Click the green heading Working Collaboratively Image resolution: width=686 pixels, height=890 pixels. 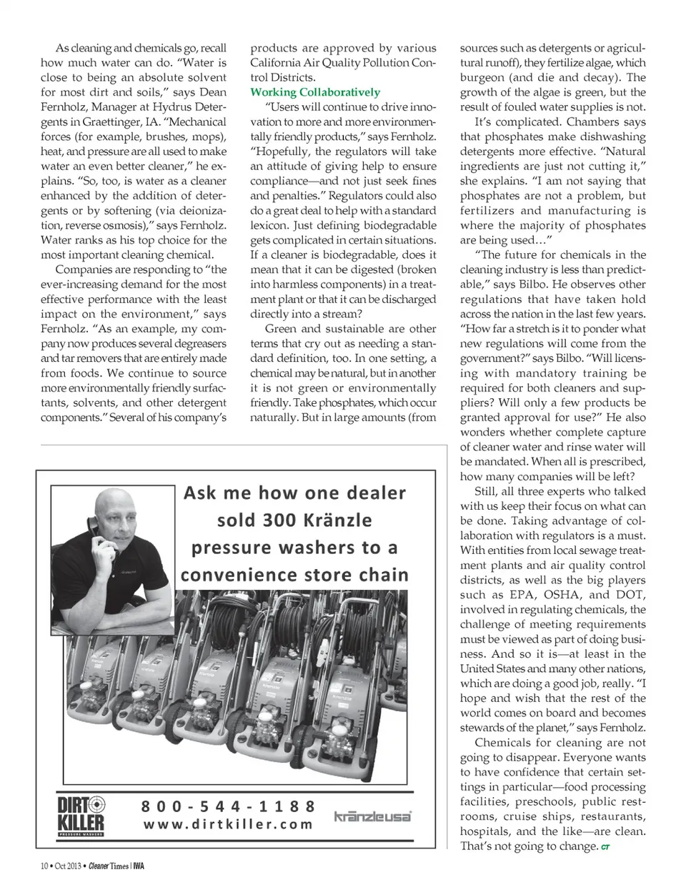pos(315,92)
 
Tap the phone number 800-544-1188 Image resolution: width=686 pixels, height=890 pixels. pos(229,806)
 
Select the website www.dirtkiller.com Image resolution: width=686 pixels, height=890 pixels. pos(229,824)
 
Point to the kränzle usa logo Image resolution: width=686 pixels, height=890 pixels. pos(373,816)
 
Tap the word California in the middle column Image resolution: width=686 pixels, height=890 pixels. pos(277,63)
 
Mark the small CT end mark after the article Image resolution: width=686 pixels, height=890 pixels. pos(605,848)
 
